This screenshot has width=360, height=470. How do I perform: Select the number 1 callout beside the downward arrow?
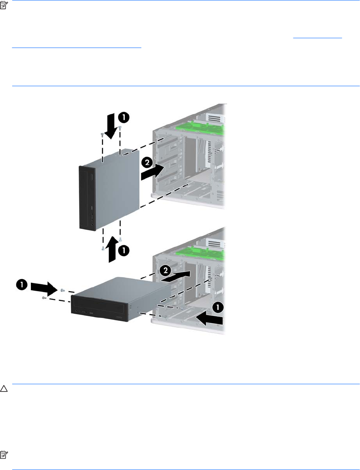(x=124, y=117)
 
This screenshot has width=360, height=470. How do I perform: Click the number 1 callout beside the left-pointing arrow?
(x=218, y=307)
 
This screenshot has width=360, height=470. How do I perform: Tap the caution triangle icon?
(x=4, y=389)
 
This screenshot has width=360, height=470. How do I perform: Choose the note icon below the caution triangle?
(x=3, y=455)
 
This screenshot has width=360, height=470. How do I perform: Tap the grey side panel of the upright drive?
(x=117, y=192)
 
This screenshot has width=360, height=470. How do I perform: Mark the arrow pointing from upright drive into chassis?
(x=153, y=172)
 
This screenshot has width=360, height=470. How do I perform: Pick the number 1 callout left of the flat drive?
(x=22, y=285)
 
